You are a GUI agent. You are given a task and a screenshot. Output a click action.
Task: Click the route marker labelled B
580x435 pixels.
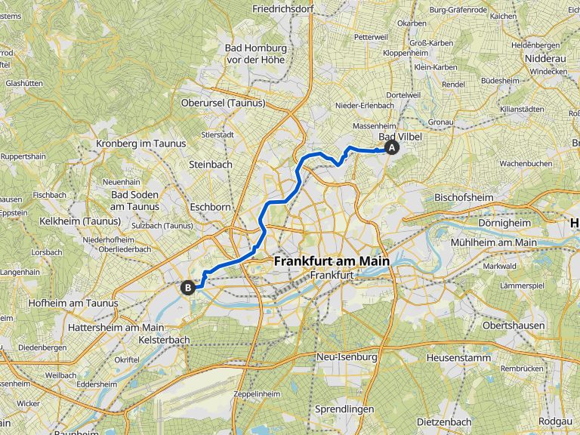[187, 286]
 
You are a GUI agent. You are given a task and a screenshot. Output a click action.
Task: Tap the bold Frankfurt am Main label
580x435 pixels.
[332, 261]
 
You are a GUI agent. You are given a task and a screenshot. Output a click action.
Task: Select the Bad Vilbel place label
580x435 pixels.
[400, 137]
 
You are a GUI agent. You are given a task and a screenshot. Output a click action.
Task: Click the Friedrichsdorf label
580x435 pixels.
[285, 8]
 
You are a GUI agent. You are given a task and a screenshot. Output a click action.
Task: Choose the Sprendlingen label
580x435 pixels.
[344, 409]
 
